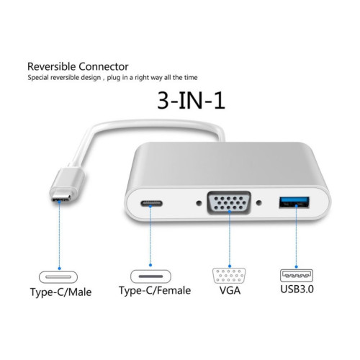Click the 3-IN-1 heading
coord(191,101)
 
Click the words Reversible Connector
coord(78,66)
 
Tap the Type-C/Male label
coord(60,292)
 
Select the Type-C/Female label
coord(155,290)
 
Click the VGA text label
coord(230,290)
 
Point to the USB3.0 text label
coord(297,289)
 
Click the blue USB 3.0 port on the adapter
coord(294,202)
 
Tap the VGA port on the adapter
coord(229,203)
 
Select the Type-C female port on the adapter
coord(151,204)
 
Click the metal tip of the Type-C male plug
coord(61,198)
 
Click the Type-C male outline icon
coord(58,277)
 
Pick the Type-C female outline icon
coord(150,276)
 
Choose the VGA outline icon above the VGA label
coord(229,276)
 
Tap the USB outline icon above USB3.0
coord(297,276)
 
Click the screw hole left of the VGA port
coord(199,203)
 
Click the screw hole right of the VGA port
coord(258,203)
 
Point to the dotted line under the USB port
coord(297,236)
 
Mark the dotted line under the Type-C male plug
coord(59,235)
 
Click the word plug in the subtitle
coord(114,78)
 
